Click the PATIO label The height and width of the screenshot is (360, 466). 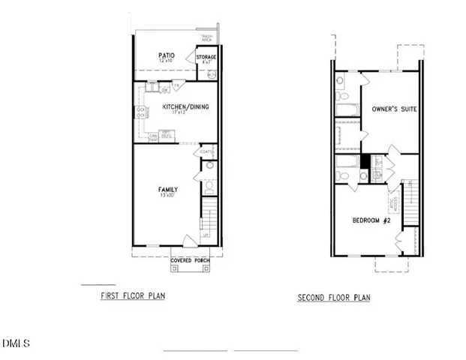(x=166, y=55)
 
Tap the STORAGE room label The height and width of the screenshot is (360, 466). (x=206, y=57)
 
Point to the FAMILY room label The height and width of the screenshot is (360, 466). (x=167, y=188)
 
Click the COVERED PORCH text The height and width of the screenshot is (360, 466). (x=191, y=260)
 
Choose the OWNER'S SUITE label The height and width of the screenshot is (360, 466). (x=394, y=109)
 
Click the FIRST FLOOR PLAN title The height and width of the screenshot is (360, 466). (x=133, y=296)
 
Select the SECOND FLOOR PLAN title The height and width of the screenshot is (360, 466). (x=334, y=298)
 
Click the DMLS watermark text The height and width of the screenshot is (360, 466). (x=16, y=343)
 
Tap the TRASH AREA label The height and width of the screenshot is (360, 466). (x=206, y=37)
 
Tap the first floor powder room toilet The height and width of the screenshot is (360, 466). (x=209, y=187)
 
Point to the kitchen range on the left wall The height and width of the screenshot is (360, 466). (x=140, y=112)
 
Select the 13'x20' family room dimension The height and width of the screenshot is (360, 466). (x=167, y=195)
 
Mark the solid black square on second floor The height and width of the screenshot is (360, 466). (x=365, y=161)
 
